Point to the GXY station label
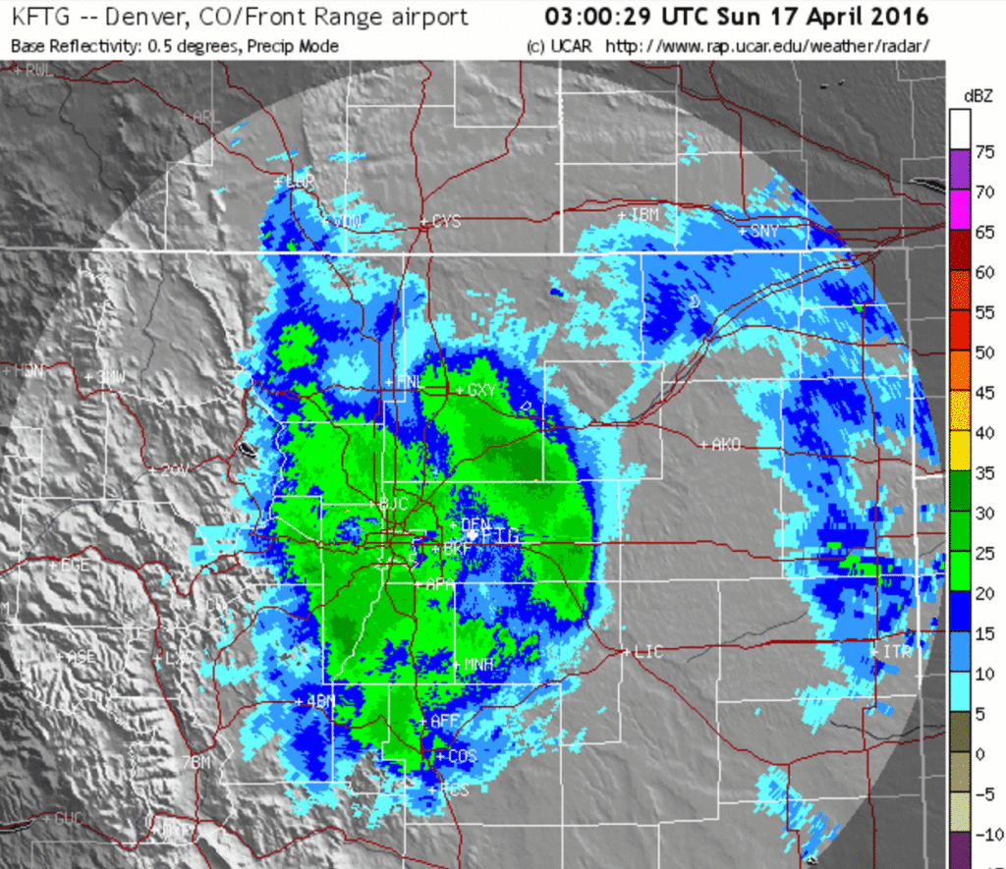pos(480,390)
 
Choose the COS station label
pos(461,757)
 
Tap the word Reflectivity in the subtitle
pos(84,46)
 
